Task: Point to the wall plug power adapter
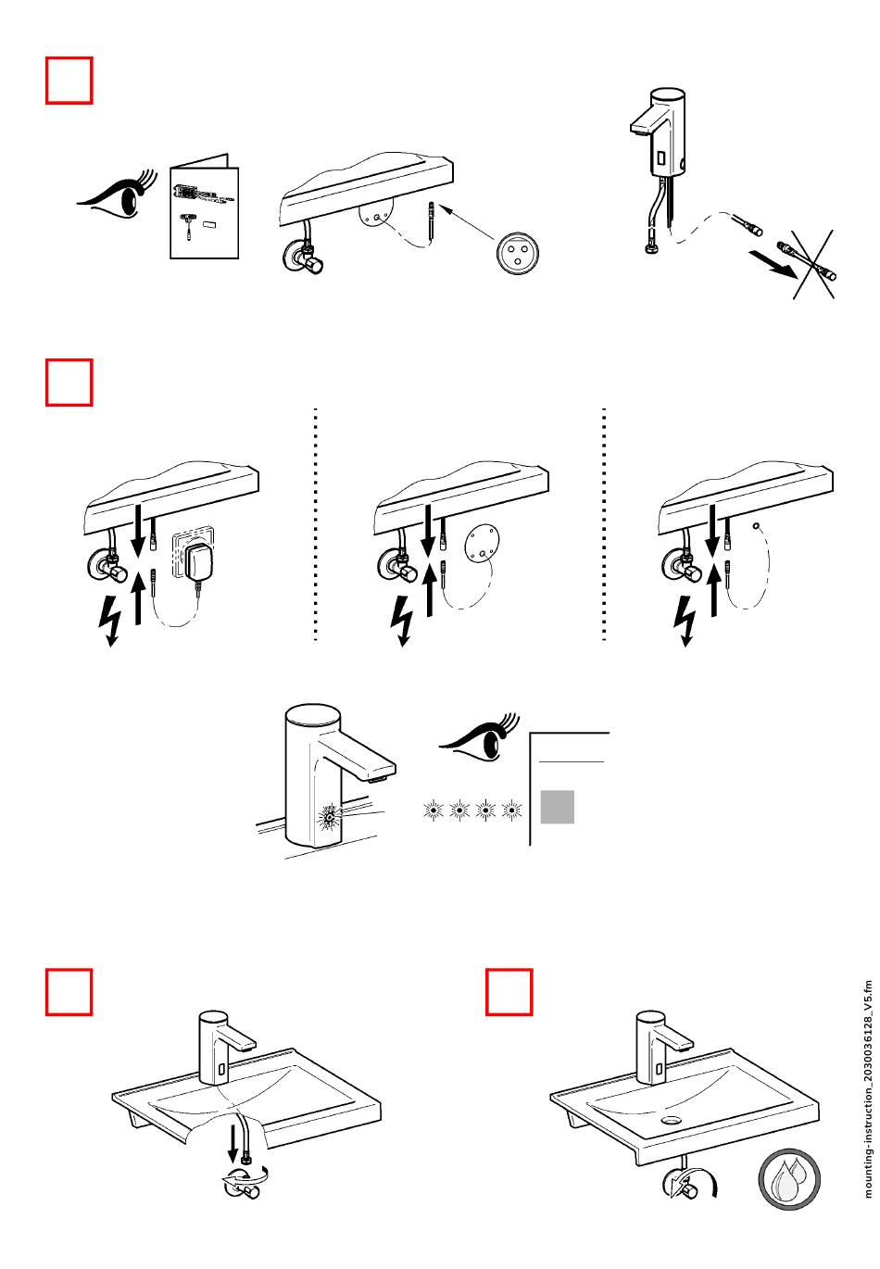196,560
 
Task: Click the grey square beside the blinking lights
557,806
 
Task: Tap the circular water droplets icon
789,1205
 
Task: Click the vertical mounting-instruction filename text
868,1088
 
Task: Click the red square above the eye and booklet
69,81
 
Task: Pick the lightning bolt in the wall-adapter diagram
111,622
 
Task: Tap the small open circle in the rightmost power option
758,526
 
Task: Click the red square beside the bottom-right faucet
509,992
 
